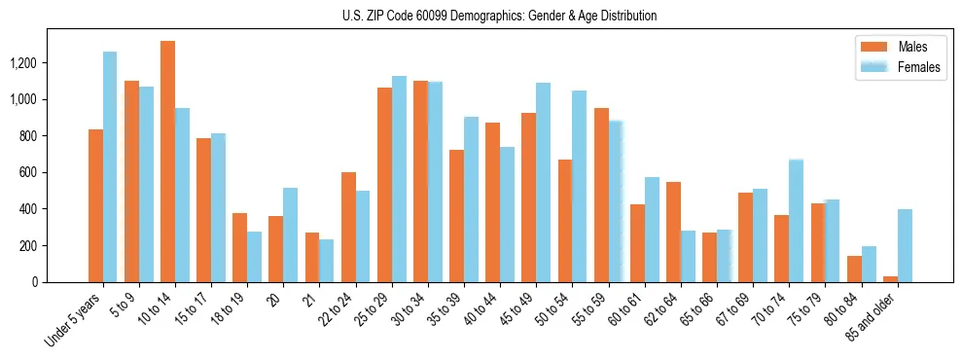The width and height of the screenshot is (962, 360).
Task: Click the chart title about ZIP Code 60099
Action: coord(499,16)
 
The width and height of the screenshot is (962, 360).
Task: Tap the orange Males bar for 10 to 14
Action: coord(167,162)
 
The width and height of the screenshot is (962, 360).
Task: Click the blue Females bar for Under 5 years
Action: coord(110,166)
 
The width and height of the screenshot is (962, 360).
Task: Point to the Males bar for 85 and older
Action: coord(890,279)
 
